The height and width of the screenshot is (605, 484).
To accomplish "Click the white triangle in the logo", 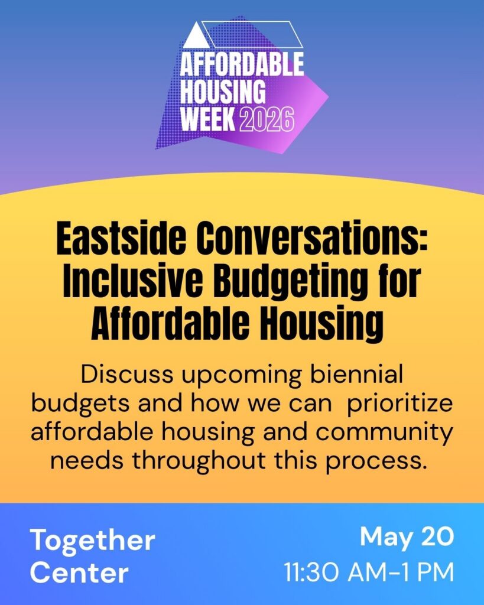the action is [196, 37].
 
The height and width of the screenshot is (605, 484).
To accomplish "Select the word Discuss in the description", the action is [127, 374].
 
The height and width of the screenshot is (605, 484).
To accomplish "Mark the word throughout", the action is [199, 461].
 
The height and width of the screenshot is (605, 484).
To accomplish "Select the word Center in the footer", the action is [79, 573].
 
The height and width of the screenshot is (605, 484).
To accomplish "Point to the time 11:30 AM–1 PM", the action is [369, 572].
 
